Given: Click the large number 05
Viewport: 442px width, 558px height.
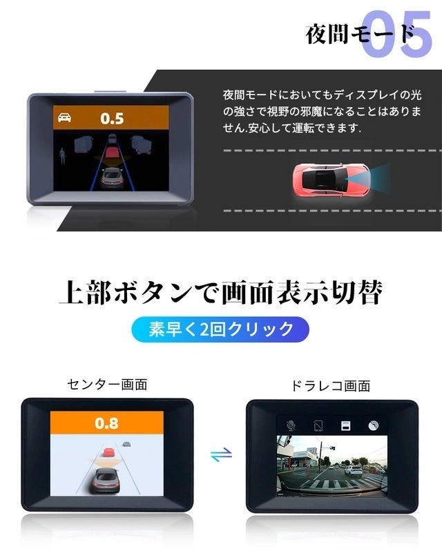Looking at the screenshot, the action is click(396, 33).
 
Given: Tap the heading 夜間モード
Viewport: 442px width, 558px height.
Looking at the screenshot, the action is click(360, 35).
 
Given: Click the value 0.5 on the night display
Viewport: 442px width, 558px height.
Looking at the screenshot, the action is click(112, 119).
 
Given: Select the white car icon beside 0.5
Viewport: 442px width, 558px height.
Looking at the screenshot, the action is click(64, 117).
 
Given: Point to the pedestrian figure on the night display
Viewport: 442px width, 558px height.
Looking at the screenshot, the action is click(63, 155).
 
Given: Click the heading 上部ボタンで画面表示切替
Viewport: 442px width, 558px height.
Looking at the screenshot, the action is click(220, 293).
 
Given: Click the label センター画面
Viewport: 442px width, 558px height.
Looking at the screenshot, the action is click(107, 385).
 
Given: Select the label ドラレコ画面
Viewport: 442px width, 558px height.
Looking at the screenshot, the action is click(331, 386).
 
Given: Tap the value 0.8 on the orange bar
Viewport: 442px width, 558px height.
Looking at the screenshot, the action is click(106, 423).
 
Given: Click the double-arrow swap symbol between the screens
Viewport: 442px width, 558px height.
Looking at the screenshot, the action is click(221, 454).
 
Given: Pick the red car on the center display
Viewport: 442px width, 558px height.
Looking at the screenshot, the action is click(108, 452).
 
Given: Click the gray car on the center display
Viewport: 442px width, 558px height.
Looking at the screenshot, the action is click(106, 480).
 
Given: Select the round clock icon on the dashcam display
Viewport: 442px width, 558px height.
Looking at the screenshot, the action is click(373, 425).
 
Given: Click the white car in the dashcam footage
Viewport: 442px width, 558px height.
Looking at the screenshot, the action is click(354, 471).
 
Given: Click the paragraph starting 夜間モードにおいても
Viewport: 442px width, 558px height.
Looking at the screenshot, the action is click(322, 111).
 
